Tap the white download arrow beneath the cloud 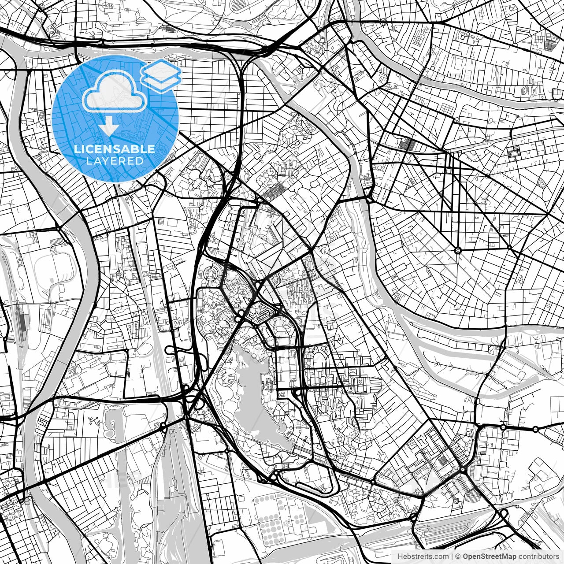[109, 127]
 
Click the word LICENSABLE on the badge [115, 149]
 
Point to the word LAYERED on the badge [115, 161]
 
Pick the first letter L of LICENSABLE [76, 149]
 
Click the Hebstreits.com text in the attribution [420, 556]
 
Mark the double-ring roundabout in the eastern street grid [458, 250]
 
